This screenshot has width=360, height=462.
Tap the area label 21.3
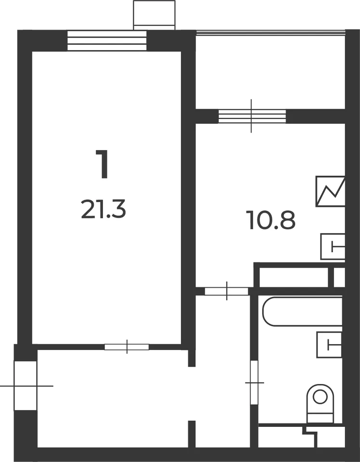pyautogui.click(x=103, y=209)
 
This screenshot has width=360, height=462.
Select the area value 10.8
pyautogui.click(x=271, y=220)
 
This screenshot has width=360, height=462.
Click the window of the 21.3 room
pyautogui.click(x=107, y=40)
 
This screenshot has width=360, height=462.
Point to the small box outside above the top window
pyautogui.click(x=154, y=15)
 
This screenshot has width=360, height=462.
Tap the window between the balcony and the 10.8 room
pyautogui.click(x=252, y=116)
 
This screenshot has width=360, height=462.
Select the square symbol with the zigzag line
pyautogui.click(x=330, y=191)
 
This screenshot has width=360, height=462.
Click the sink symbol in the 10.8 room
pyautogui.click(x=333, y=246)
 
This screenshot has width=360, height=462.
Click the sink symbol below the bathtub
pyautogui.click(x=329, y=345)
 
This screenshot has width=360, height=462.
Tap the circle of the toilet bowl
pyautogui.click(x=320, y=397)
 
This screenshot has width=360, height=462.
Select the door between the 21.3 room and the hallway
pyautogui.click(x=127, y=347)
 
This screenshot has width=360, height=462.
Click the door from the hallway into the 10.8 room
pyautogui.click(x=227, y=291)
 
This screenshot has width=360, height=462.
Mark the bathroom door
pyautogui.click(x=254, y=383)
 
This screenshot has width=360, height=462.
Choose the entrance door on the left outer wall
pyautogui.click(x=26, y=385)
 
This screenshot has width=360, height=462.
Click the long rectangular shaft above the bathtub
pyautogui.click(x=294, y=277)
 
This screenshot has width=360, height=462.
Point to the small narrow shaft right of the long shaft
pyautogui.click(x=339, y=277)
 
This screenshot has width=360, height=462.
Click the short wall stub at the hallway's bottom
pyautogui.click(x=192, y=434)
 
